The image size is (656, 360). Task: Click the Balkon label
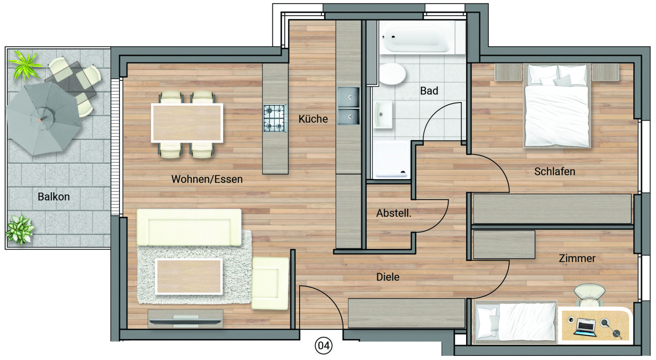(54, 197)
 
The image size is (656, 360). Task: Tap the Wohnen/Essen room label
(207, 179)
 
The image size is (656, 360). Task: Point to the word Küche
(313, 119)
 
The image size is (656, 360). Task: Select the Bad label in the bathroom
(429, 91)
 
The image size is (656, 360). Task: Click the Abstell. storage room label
(394, 213)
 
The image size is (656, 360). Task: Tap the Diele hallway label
(388, 277)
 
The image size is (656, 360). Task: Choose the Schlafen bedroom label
(555, 171)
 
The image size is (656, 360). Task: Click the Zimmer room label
(577, 258)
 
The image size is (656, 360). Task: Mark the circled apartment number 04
(323, 346)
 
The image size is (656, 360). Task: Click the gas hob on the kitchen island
(275, 118)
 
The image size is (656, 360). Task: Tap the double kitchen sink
(349, 106)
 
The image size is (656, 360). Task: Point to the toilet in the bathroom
(392, 74)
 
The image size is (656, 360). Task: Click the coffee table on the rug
(189, 276)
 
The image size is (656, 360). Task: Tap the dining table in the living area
(187, 123)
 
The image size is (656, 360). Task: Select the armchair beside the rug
(270, 283)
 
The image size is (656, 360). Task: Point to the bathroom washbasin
(382, 114)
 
